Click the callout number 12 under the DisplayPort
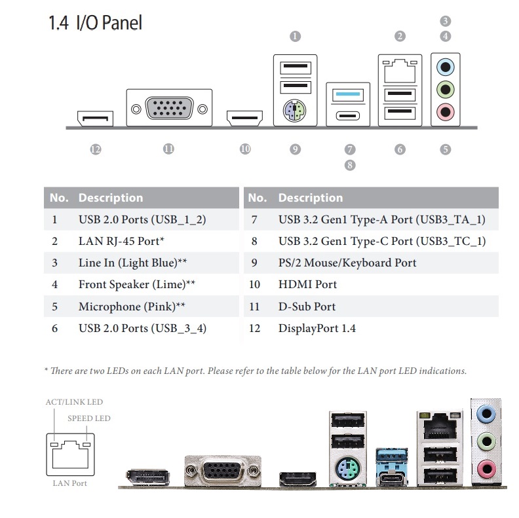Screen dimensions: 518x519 [96, 149]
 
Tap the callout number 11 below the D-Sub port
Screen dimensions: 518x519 [168, 149]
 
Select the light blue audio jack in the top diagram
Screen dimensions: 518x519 [446, 66]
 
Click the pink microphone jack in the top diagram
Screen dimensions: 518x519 [446, 111]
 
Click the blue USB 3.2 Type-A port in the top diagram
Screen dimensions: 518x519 [347, 94]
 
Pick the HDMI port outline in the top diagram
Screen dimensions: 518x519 [244, 119]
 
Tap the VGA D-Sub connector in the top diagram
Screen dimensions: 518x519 [168, 108]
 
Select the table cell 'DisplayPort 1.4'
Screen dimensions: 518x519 [317, 328]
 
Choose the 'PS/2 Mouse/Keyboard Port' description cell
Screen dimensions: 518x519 [347, 263]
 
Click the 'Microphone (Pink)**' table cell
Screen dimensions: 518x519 [132, 306]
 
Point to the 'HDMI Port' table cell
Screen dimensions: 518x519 [307, 284]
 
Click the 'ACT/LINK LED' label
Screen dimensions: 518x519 [74, 402]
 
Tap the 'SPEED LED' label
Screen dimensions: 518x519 [89, 418]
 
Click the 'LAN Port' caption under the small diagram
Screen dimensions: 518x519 [69, 483]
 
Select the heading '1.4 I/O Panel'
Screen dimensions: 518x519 [95, 24]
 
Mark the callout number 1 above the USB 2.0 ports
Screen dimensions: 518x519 [295, 37]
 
